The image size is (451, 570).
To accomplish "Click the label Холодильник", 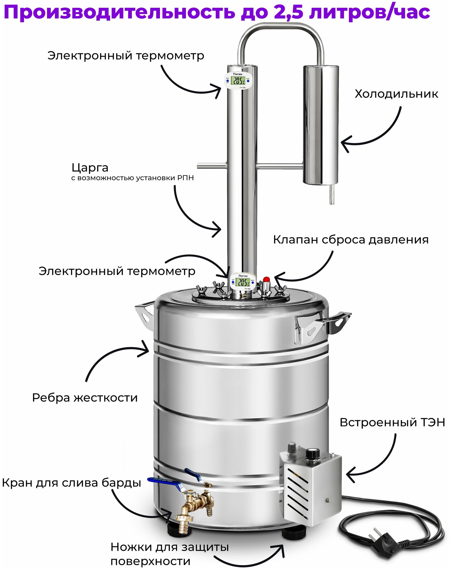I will pos(396,94).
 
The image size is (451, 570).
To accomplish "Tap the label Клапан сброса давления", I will pos(351,240).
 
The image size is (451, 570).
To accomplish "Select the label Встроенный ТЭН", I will pos(392,422).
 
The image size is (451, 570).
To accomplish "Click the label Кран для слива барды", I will pos(71,483).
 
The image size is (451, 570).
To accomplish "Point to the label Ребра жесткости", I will pos(85,398).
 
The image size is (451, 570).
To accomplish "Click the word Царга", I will pos(90,168).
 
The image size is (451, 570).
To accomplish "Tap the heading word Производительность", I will pos(119,13).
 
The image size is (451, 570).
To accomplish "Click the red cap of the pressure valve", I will pos(266,279).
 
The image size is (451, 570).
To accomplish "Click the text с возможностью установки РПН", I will pos(132,178).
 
